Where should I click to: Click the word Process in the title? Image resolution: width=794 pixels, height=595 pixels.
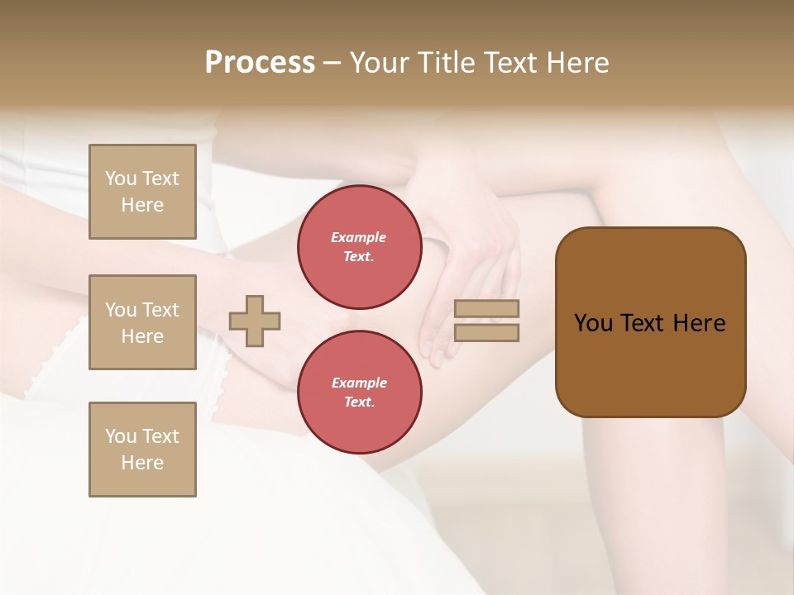pos(260,63)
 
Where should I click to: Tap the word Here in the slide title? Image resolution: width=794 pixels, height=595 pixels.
pos(577,63)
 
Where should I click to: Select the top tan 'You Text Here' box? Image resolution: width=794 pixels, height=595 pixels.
pos(142,192)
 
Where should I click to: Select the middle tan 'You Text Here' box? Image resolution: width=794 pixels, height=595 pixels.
pos(142,322)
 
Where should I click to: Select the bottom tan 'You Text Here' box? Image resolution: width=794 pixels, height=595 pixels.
pos(142,450)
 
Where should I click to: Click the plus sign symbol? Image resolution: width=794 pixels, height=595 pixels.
pos(255,321)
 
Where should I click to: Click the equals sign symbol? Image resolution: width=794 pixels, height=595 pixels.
pos(487,321)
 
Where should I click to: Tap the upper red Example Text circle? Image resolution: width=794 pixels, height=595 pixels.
pos(359,246)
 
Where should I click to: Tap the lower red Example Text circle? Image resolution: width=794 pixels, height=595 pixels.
pos(359,392)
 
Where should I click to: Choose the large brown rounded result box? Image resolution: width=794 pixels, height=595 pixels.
pos(650,322)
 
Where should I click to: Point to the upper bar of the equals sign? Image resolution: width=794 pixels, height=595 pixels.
pos(487,309)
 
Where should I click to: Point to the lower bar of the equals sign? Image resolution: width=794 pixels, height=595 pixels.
pos(487,332)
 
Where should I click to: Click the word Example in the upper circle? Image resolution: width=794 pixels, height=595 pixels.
pos(359,237)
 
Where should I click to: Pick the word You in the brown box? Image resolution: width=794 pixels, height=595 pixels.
pos(593,323)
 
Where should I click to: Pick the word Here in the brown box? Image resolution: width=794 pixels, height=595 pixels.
pos(700,323)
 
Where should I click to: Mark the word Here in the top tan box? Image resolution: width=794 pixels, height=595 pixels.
pos(142,205)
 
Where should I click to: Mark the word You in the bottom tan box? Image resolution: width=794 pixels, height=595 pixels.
pos(121,436)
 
